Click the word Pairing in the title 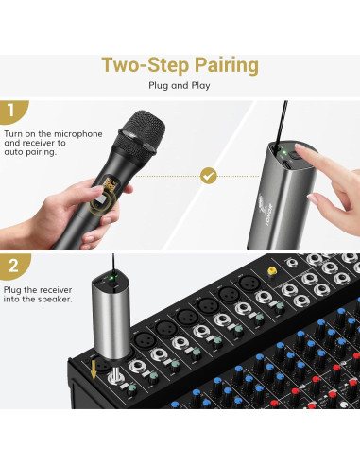pos(227,65)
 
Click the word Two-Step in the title pos(146,64)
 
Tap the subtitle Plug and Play pos(180,85)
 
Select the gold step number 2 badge pos(13,266)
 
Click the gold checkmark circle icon pos(209,176)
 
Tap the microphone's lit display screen pos(111,185)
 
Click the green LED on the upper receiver pos(283,153)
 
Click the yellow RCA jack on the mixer pos(271,270)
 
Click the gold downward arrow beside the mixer pos(94,370)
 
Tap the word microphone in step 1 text pos(78,134)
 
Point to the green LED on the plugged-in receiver pos(111,278)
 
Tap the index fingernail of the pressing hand pos(300,147)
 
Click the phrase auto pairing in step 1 pos(30,152)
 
